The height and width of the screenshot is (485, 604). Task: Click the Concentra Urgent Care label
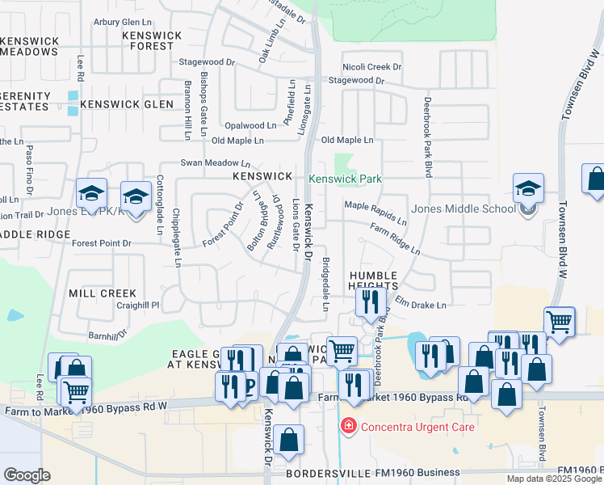coord(417,426)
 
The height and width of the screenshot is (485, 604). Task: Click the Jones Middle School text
coord(463,209)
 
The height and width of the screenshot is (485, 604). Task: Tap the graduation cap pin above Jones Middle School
coord(528,190)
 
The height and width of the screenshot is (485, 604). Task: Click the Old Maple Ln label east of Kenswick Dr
coord(348,141)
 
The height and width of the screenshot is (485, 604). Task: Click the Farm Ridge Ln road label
coord(395,240)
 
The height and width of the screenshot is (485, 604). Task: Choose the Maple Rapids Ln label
coord(375,213)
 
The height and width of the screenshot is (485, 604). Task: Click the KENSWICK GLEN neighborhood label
coord(127,104)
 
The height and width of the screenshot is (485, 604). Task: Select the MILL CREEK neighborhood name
coord(103,293)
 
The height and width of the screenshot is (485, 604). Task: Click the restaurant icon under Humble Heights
coord(368,302)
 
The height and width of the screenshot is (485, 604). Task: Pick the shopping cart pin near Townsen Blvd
coord(560,322)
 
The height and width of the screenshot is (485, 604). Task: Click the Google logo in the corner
coord(27,475)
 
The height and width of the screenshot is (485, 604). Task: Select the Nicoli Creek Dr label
coord(372,67)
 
